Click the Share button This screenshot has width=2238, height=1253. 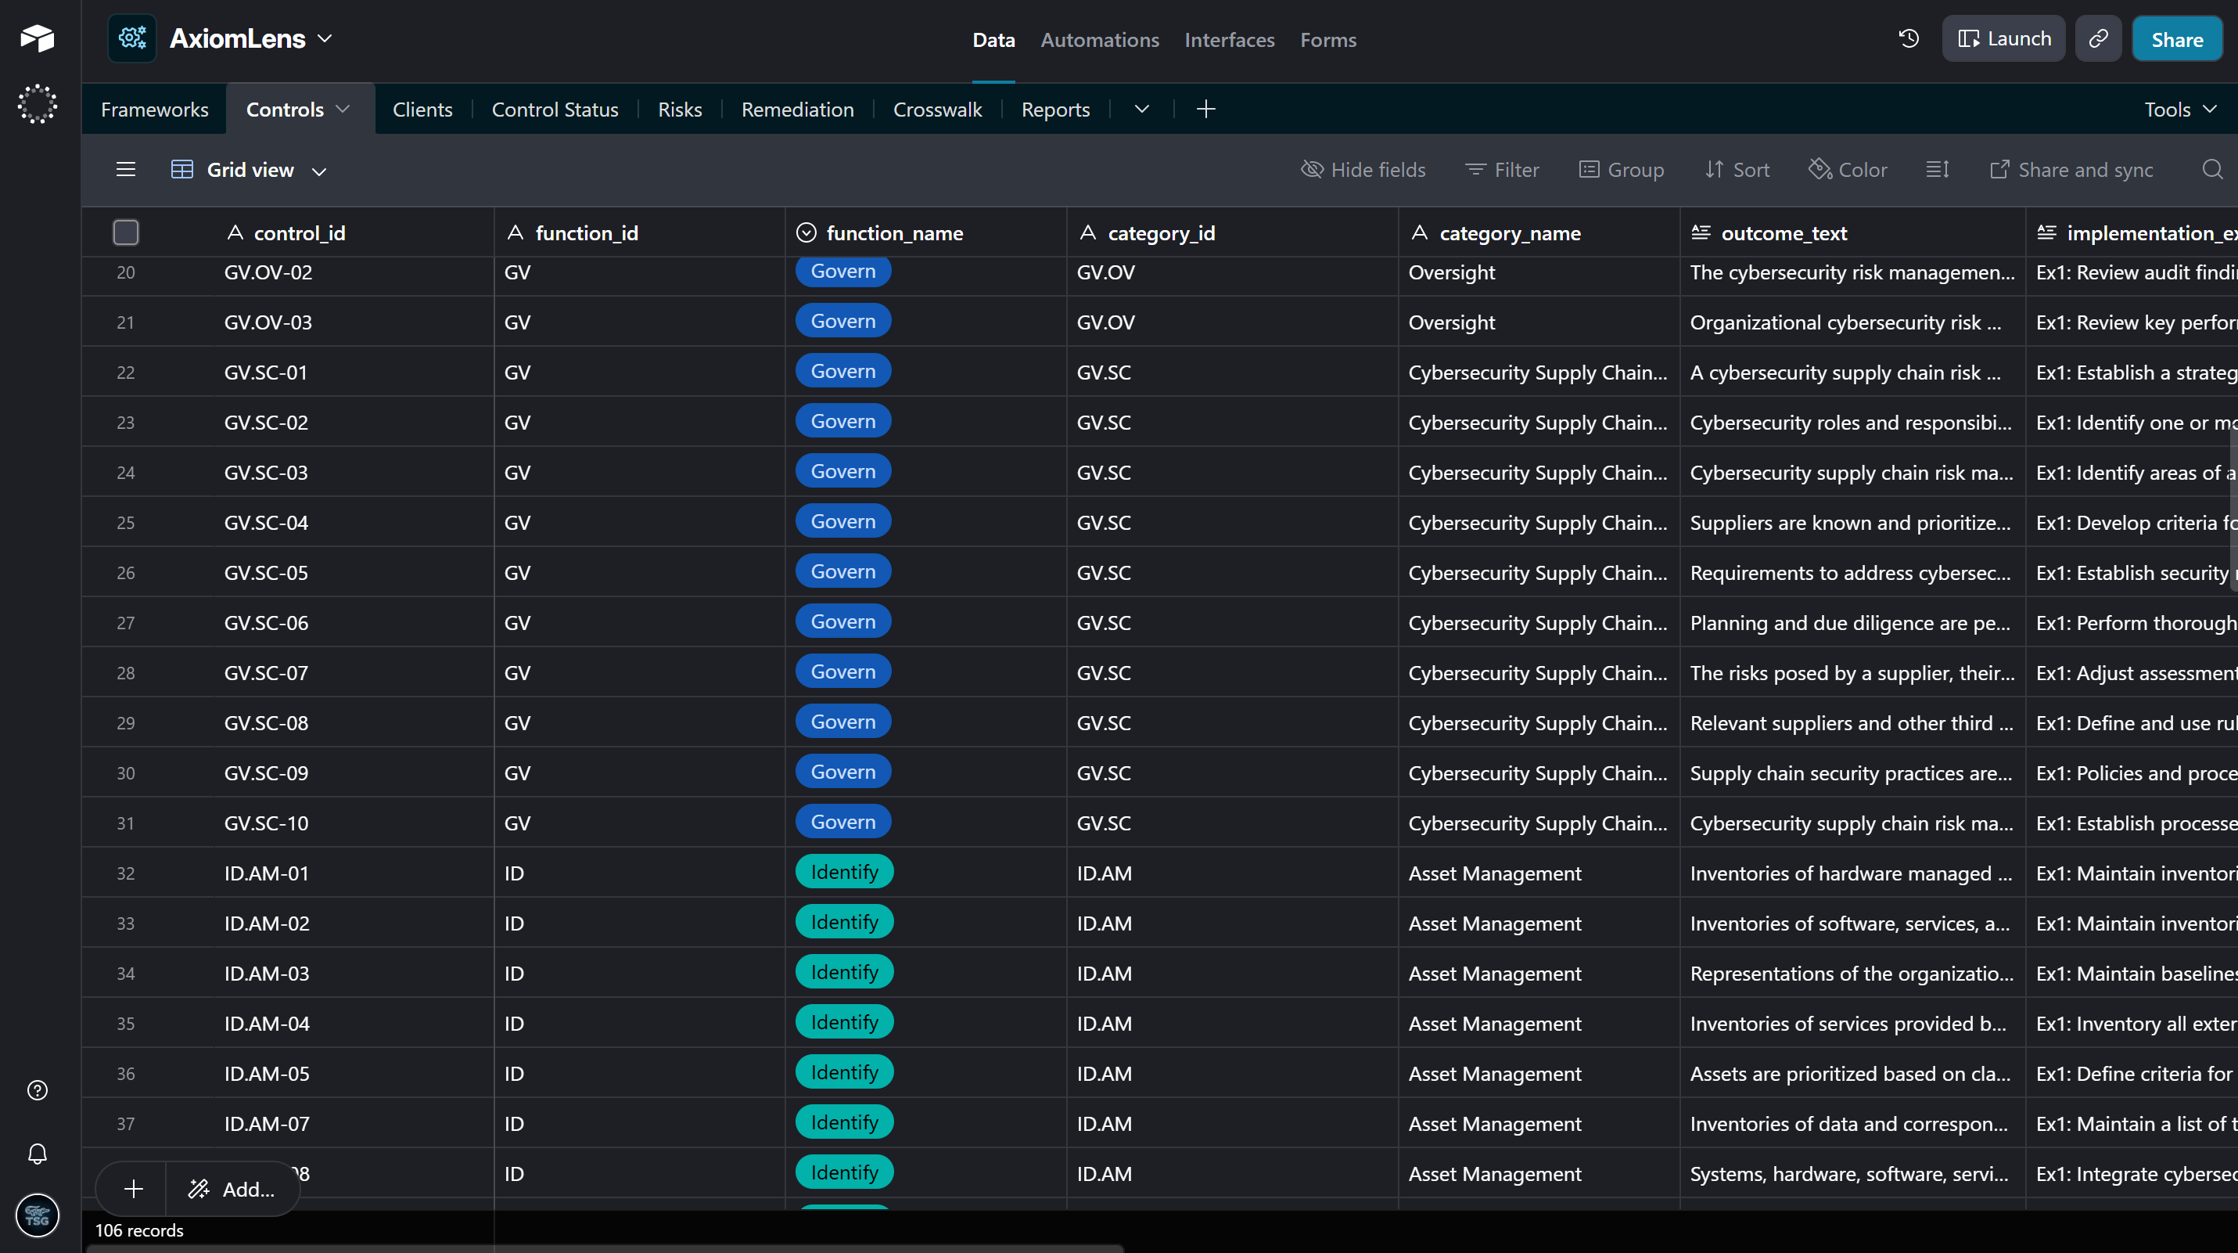[2176, 39]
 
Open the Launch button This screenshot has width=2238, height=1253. [2003, 39]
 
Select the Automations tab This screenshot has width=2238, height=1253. [1100, 40]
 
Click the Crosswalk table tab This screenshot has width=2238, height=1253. [937, 110]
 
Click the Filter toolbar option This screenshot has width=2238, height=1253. [1502, 171]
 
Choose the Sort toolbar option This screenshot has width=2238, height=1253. [1737, 171]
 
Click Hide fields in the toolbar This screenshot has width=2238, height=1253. [1363, 171]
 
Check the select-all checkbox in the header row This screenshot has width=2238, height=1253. [126, 233]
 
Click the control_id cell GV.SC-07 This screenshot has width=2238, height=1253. [266, 673]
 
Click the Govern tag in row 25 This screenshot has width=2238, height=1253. [842, 522]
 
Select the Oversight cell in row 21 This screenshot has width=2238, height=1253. [1452, 323]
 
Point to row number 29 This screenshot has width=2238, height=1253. [126, 724]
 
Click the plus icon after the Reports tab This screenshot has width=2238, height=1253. [1206, 110]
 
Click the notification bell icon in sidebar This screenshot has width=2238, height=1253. [38, 1154]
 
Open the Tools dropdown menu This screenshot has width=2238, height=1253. [2180, 110]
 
